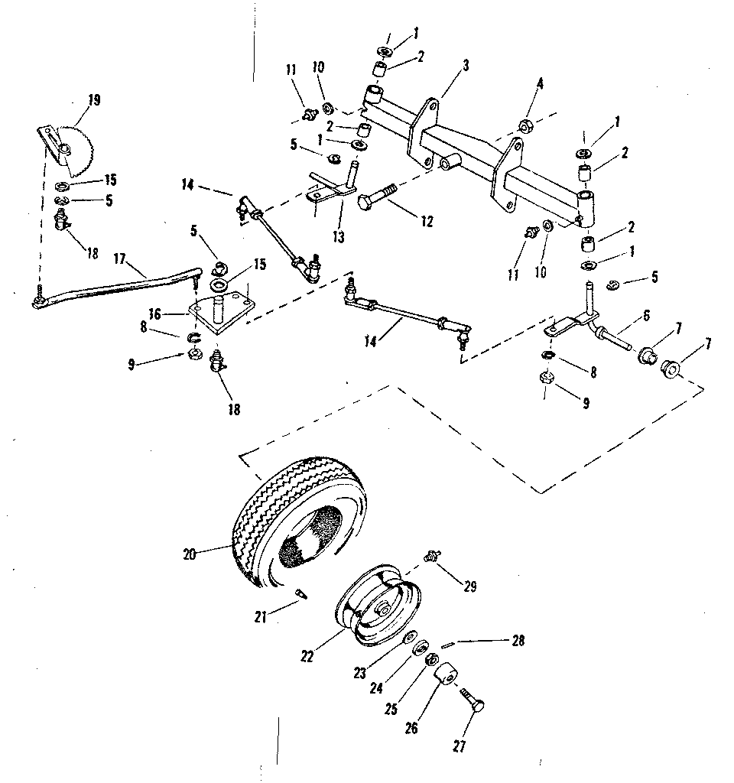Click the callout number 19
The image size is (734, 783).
pos(94,99)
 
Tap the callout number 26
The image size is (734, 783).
pos(412,728)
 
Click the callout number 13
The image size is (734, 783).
pos(339,237)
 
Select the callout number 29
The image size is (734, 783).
pos(469,586)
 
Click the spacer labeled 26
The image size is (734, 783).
pos(446,675)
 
